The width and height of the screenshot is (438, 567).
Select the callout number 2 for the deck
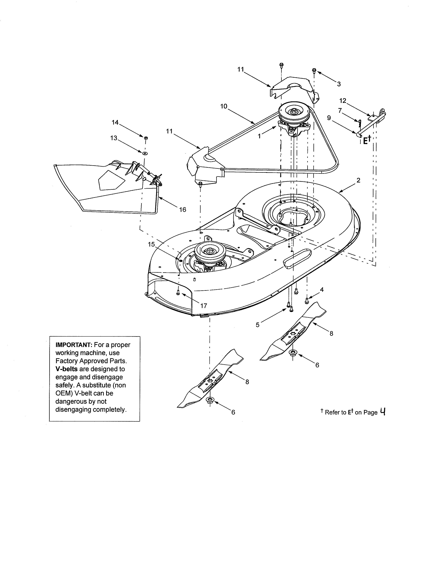[x=358, y=180]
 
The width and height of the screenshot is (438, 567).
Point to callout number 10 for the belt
[x=223, y=106]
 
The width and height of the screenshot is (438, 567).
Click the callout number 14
[x=115, y=122]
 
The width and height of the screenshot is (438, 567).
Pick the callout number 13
[x=114, y=138]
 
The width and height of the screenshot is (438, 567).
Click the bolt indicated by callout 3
[x=314, y=70]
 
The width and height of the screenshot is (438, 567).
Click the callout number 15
[x=151, y=244]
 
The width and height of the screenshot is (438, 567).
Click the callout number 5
[x=257, y=325]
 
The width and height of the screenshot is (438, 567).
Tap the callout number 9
[x=329, y=118]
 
